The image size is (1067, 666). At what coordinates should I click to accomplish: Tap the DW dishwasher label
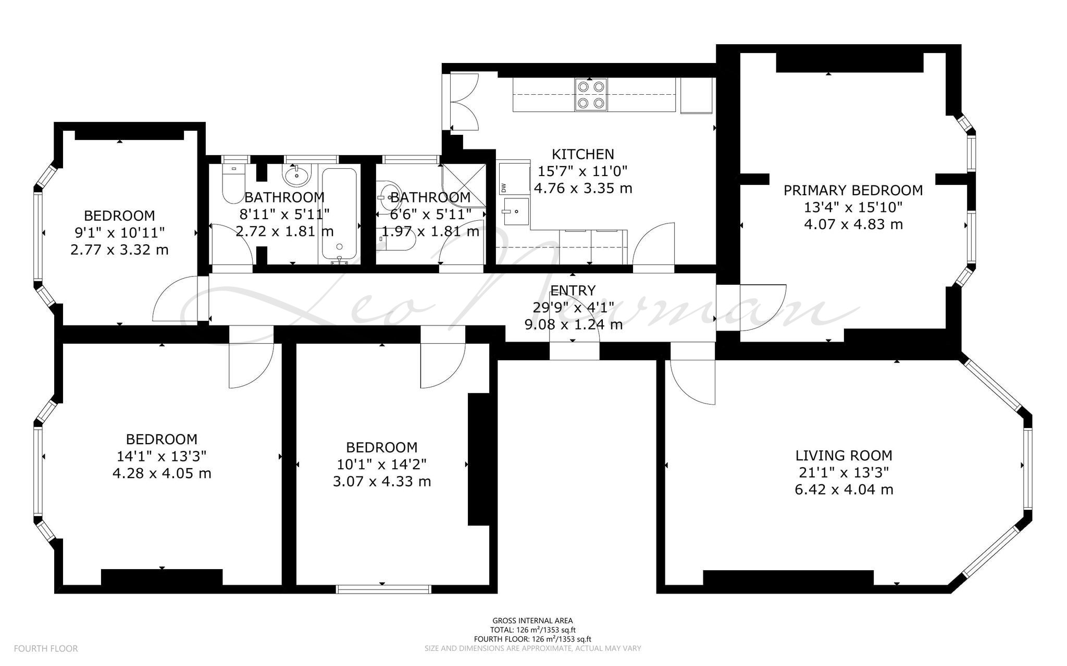(x=503, y=188)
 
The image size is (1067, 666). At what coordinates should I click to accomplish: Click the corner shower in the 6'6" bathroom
(x=464, y=186)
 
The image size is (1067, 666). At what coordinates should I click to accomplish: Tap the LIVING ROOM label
(x=843, y=456)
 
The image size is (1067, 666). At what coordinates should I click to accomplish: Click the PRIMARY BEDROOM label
(x=853, y=191)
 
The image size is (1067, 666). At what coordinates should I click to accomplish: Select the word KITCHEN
(x=583, y=154)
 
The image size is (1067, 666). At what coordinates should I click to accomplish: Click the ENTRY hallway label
(x=573, y=290)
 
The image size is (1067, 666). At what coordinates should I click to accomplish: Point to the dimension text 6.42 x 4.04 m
(x=844, y=490)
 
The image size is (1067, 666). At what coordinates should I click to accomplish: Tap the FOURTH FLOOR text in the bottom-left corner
(x=46, y=648)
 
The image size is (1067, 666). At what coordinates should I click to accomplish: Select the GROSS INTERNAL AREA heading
(x=532, y=620)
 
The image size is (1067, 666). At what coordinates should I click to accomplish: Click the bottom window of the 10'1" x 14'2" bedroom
(x=383, y=589)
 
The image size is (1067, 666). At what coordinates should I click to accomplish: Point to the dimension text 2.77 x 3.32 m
(x=119, y=250)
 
